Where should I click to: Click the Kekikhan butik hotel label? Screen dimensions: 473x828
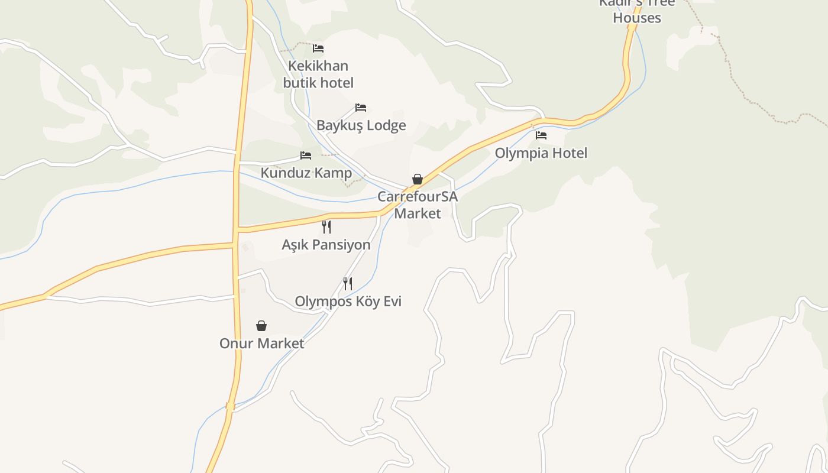(318, 74)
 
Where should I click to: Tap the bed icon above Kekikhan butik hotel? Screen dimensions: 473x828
(318, 48)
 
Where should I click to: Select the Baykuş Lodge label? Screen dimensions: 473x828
(361, 125)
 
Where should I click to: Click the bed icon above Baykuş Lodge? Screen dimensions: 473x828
(361, 108)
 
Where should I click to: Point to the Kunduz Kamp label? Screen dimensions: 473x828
(306, 173)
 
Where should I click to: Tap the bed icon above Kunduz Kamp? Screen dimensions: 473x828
(306, 155)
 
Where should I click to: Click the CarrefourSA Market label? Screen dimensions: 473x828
(418, 205)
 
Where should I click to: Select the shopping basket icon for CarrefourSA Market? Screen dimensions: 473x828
(418, 179)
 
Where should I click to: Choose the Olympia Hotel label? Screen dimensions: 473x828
(541, 153)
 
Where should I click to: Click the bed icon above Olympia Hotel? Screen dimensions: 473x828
(541, 135)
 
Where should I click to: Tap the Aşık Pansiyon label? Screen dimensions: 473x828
(326, 245)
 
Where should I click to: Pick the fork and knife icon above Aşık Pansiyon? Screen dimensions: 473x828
(326, 226)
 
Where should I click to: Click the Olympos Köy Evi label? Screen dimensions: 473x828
(348, 302)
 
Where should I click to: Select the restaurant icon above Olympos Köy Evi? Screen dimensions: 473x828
(348, 284)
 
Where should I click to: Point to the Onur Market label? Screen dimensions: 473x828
(261, 344)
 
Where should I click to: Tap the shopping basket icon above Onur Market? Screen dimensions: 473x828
(261, 326)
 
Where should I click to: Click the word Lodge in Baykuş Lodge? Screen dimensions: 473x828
(385, 125)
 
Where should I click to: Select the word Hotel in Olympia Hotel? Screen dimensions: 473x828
(567, 153)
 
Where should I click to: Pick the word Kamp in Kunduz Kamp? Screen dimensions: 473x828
(332, 173)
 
